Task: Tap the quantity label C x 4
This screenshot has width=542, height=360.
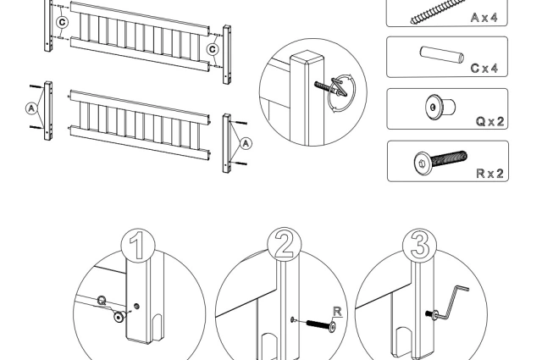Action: pyautogui.click(x=487, y=68)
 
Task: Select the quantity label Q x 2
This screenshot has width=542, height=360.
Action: pyautogui.click(x=490, y=121)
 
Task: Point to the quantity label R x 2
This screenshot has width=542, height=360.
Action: pyautogui.click(x=490, y=173)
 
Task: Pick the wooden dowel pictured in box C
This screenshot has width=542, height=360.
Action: pyautogui.click(x=441, y=56)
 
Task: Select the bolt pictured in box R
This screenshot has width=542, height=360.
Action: pyautogui.click(x=440, y=159)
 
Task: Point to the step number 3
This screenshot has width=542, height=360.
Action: pyautogui.click(x=421, y=246)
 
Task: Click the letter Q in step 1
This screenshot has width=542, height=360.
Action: pyautogui.click(x=102, y=301)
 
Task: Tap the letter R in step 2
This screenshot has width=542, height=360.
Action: pyautogui.click(x=336, y=311)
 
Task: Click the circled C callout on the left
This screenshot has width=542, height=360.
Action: pyautogui.click(x=61, y=20)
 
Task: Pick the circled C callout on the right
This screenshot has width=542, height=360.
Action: pyautogui.click(x=213, y=49)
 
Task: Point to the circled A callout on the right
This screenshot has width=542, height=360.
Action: pyautogui.click(x=246, y=143)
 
